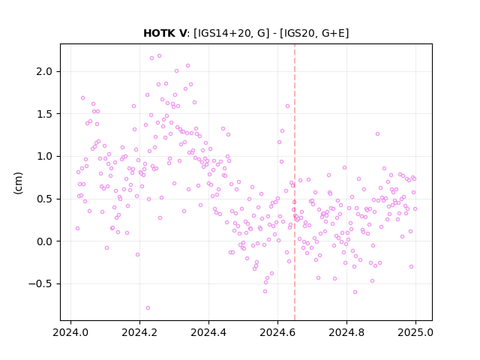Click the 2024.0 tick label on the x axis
click(x=70, y=332)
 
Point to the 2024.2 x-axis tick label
click(x=139, y=332)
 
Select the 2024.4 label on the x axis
click(x=208, y=332)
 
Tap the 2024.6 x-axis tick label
click(x=277, y=332)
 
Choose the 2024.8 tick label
click(x=346, y=332)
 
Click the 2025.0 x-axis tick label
click(x=415, y=332)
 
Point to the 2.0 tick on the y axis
click(x=44, y=72)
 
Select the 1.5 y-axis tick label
click(x=44, y=114)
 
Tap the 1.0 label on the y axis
click(x=44, y=157)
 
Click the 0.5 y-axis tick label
click(x=44, y=199)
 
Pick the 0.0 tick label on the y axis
click(x=44, y=241)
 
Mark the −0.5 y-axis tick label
click(x=40, y=284)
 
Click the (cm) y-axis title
click(x=18, y=183)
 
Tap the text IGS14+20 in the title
click(x=226, y=33)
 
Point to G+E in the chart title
click(x=333, y=33)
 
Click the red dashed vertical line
click(x=295, y=182)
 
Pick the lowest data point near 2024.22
click(x=148, y=308)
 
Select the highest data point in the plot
click(x=160, y=56)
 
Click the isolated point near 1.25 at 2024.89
click(x=378, y=134)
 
